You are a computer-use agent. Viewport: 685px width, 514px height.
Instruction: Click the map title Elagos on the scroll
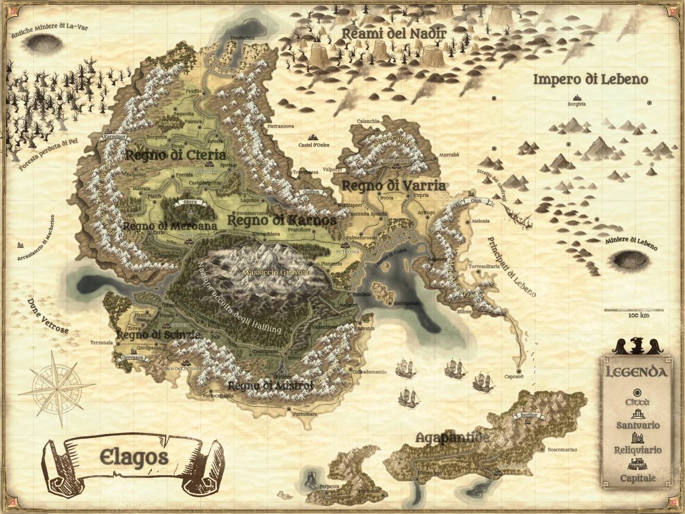pyautogui.click(x=134, y=457)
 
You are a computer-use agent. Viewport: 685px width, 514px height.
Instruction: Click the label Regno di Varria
pyautogui.click(x=393, y=186)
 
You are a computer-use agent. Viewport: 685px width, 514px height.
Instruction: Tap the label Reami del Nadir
pyautogui.click(x=393, y=34)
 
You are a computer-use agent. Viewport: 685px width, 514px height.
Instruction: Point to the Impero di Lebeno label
pyautogui.click(x=590, y=79)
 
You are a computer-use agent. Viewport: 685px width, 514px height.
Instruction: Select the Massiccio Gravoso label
pyautogui.click(x=276, y=272)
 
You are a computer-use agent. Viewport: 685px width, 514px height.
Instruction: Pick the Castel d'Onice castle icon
pyautogui.click(x=312, y=138)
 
